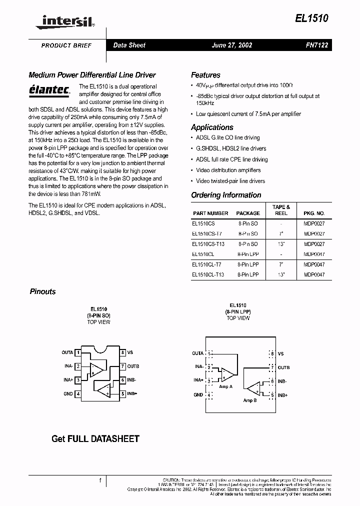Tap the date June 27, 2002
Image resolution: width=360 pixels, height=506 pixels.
232,45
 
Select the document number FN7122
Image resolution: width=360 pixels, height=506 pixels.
316,45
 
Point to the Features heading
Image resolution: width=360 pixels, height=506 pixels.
205,75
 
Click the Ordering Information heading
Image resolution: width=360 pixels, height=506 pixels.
226,195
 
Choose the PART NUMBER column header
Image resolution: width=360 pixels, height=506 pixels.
210,213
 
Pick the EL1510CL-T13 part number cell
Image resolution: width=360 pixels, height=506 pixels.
208,274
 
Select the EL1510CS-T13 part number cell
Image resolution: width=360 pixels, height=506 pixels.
208,244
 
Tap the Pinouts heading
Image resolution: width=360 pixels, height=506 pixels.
42,291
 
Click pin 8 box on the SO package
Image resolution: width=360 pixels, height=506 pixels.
122,352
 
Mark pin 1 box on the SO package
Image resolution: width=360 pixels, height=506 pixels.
77,352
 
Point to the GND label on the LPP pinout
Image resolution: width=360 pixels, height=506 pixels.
198,395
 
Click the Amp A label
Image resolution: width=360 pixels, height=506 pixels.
226,386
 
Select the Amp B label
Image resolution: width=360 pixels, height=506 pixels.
249,400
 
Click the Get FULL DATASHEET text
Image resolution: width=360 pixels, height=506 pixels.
95,439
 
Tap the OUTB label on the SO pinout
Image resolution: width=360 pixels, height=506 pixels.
133,366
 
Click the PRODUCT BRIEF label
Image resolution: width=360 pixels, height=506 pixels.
66,45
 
